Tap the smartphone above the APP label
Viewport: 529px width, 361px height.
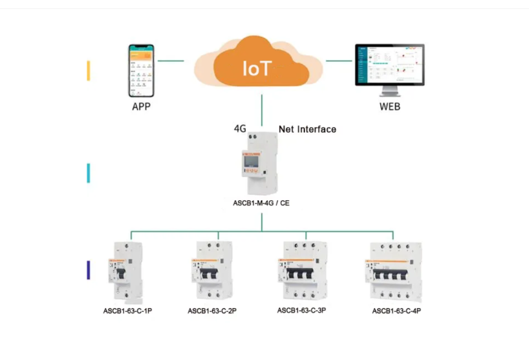pyautogui.click(x=141, y=70)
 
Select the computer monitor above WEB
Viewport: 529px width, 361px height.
pyautogui.click(x=390, y=67)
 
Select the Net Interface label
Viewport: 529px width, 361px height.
pyautogui.click(x=307, y=129)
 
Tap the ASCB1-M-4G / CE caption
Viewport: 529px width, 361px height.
pyautogui.click(x=261, y=203)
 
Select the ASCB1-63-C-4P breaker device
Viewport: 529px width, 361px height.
pyautogui.click(x=393, y=271)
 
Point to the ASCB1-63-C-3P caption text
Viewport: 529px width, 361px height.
pyautogui.click(x=301, y=310)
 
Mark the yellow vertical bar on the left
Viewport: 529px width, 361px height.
pyautogui.click(x=88, y=70)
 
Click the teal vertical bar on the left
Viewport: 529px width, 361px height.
pyautogui.click(x=88, y=173)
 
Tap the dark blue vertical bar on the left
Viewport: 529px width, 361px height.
pyautogui.click(x=88, y=270)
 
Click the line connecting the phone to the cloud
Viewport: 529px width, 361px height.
pyautogui.click(x=170, y=61)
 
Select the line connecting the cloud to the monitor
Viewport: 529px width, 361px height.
pyautogui.click(x=339, y=61)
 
